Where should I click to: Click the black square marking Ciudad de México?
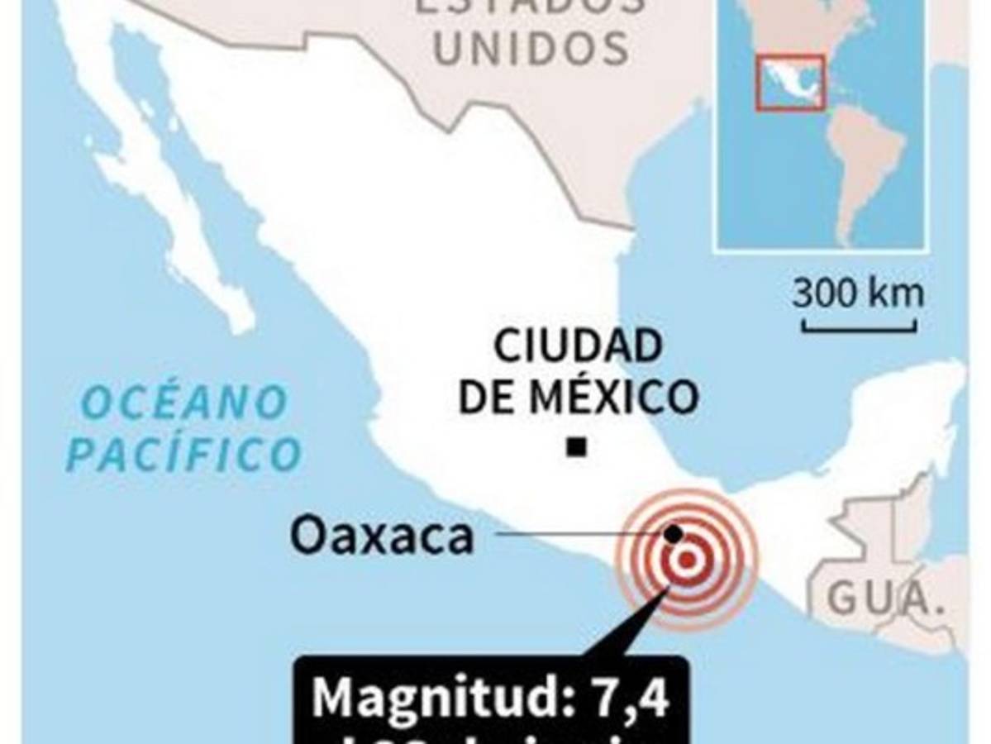577,448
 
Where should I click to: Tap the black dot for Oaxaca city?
674,534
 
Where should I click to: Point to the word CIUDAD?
578,346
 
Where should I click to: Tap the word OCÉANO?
185,403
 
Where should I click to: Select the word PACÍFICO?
184,455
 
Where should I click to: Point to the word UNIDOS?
531,48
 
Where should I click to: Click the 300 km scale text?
858,293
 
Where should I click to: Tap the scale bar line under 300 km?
859,328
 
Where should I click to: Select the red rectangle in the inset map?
791,83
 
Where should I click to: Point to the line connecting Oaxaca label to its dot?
579,534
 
